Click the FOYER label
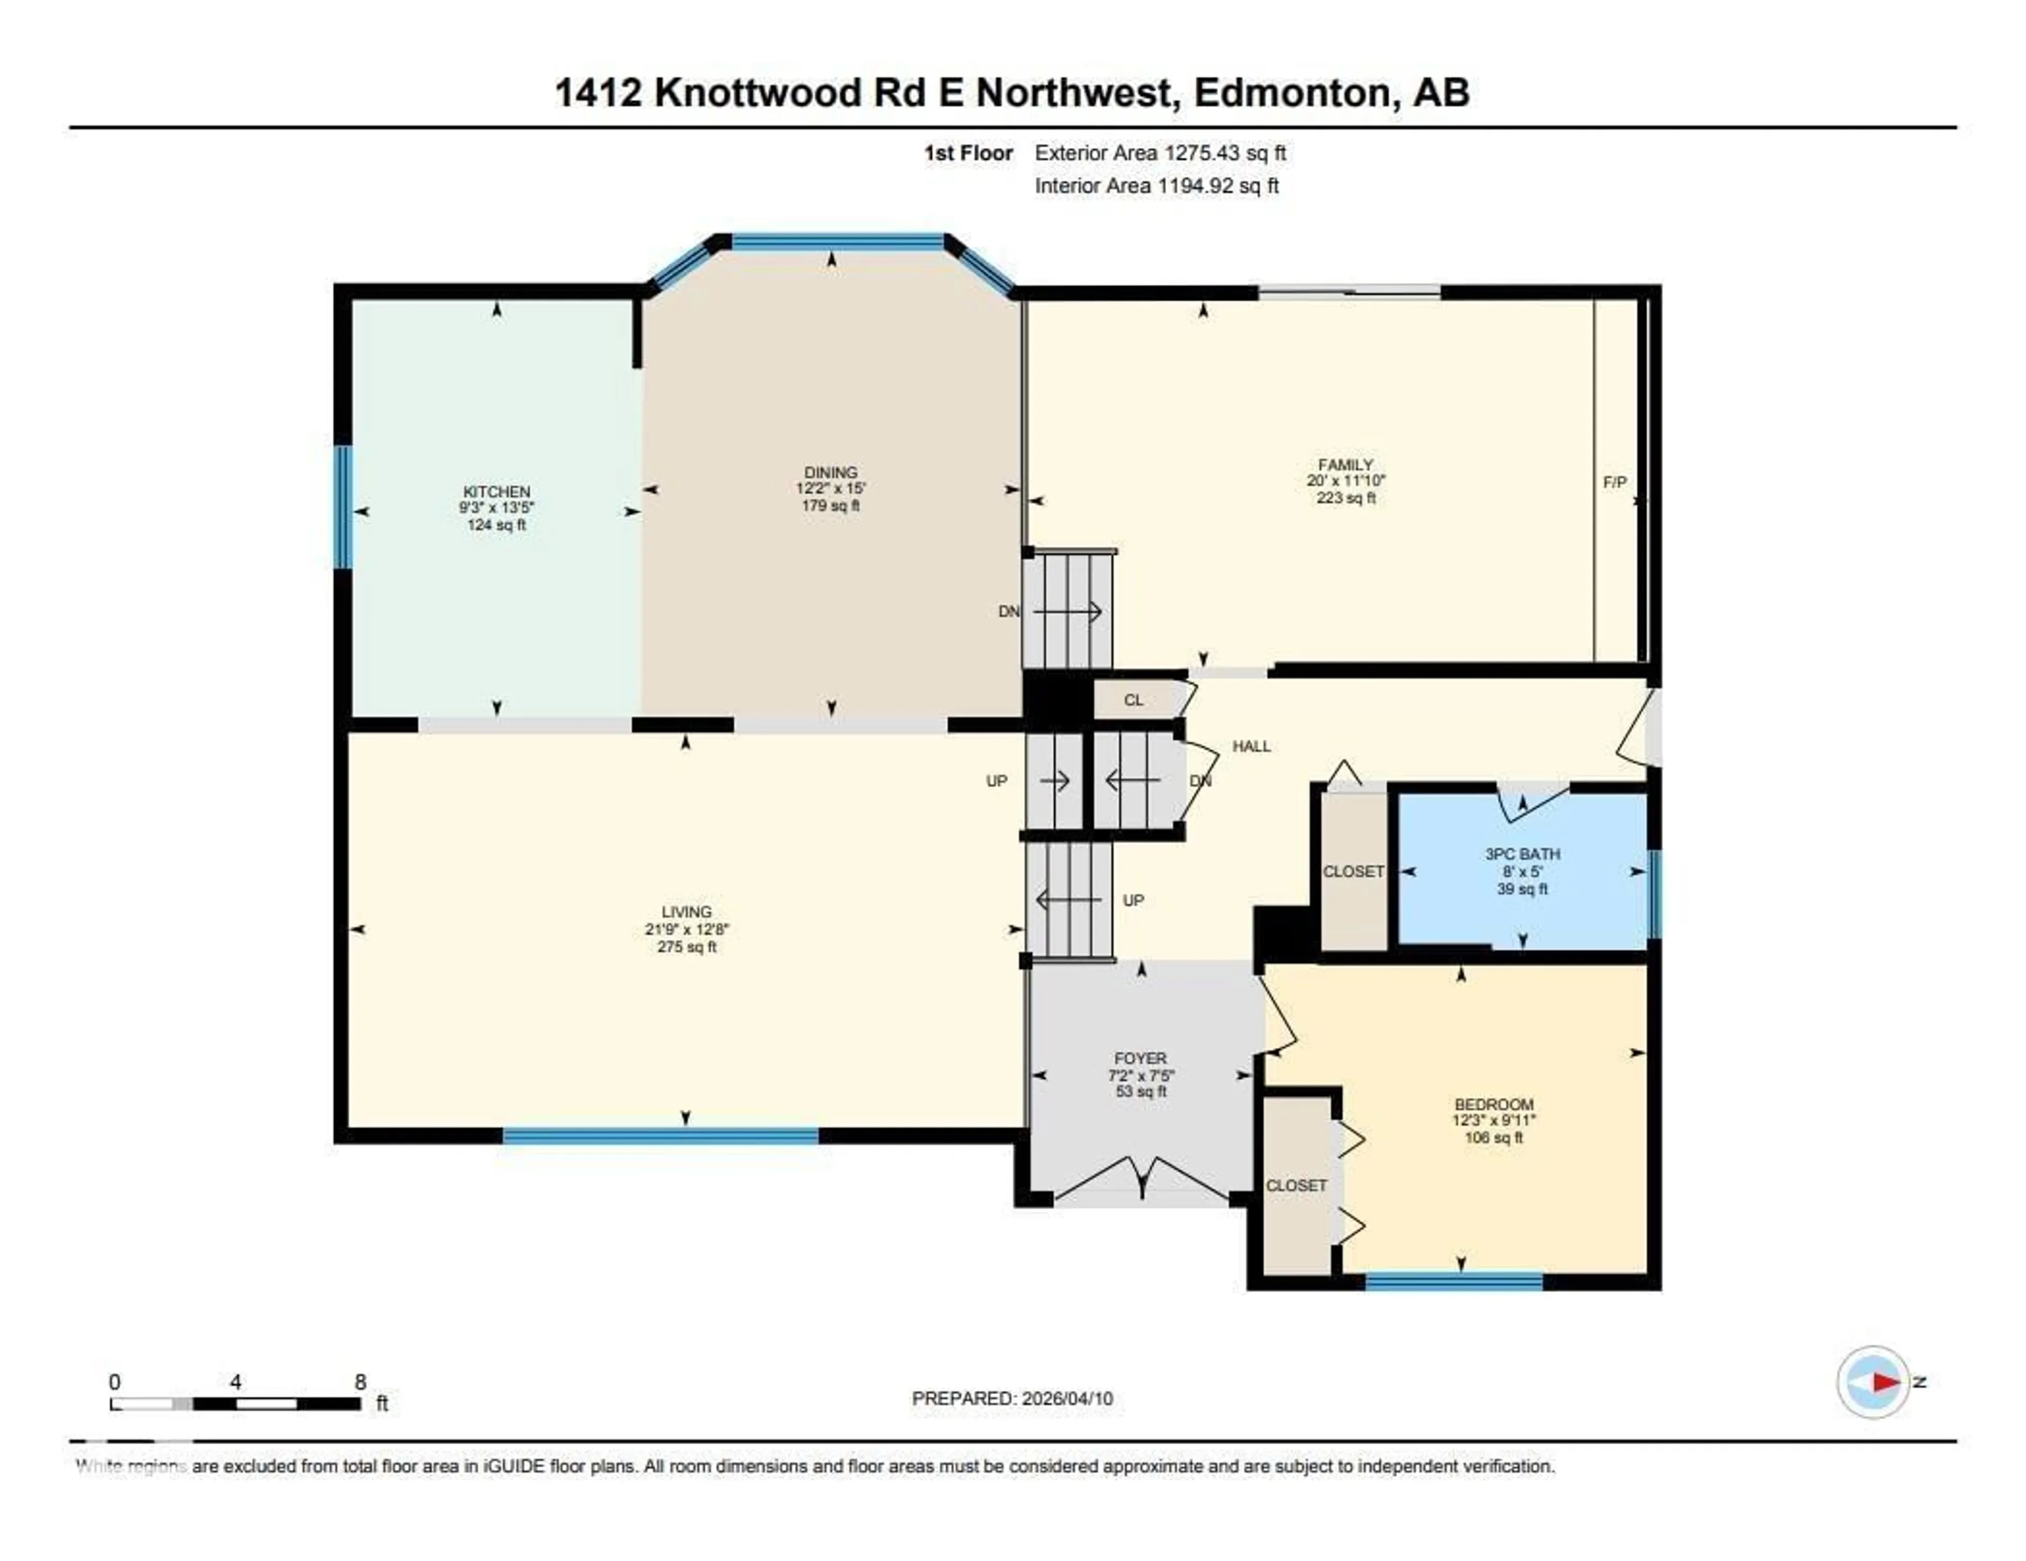[x=1140, y=1058]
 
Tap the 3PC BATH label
[x=1522, y=854]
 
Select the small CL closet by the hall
[x=1134, y=700]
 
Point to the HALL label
[x=1251, y=746]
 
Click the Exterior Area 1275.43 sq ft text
[x=1160, y=153]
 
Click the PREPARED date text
[x=1012, y=1398]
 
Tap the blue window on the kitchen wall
[x=343, y=507]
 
